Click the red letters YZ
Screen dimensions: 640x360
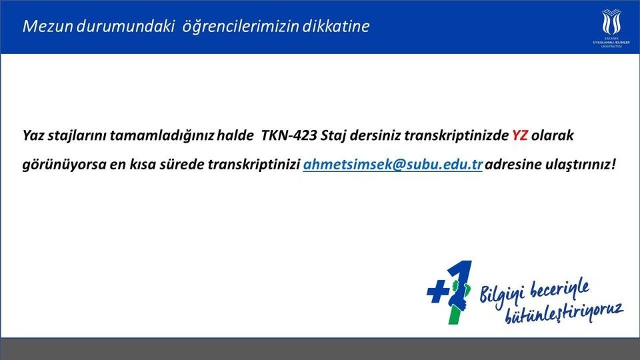click(519, 135)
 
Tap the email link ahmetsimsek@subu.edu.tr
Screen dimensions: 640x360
click(393, 164)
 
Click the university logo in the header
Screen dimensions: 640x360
click(611, 28)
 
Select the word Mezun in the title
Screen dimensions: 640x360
click(48, 26)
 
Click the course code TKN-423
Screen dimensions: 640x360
click(289, 135)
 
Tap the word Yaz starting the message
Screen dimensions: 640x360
click(33, 135)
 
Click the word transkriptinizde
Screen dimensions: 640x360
click(456, 135)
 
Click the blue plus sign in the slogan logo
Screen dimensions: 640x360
click(438, 292)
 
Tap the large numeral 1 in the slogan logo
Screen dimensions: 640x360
click(459, 292)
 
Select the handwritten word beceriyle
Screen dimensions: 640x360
click(559, 290)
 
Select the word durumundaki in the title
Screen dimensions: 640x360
click(125, 26)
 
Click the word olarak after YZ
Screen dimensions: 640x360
click(552, 135)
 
